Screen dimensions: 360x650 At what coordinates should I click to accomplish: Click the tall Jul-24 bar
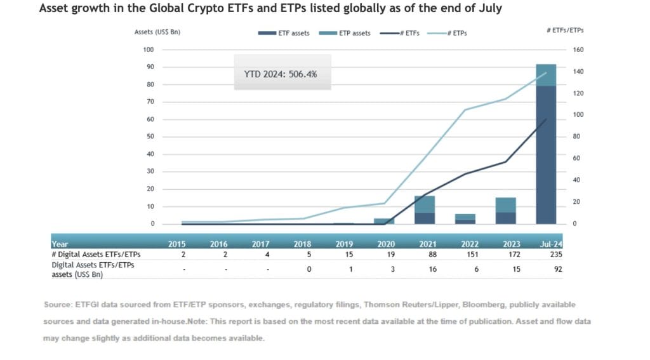[x=546, y=146]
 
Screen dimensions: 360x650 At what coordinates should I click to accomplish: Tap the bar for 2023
[x=506, y=211]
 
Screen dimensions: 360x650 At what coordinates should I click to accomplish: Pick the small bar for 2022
[x=465, y=219]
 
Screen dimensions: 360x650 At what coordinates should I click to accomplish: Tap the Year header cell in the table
[x=60, y=243]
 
